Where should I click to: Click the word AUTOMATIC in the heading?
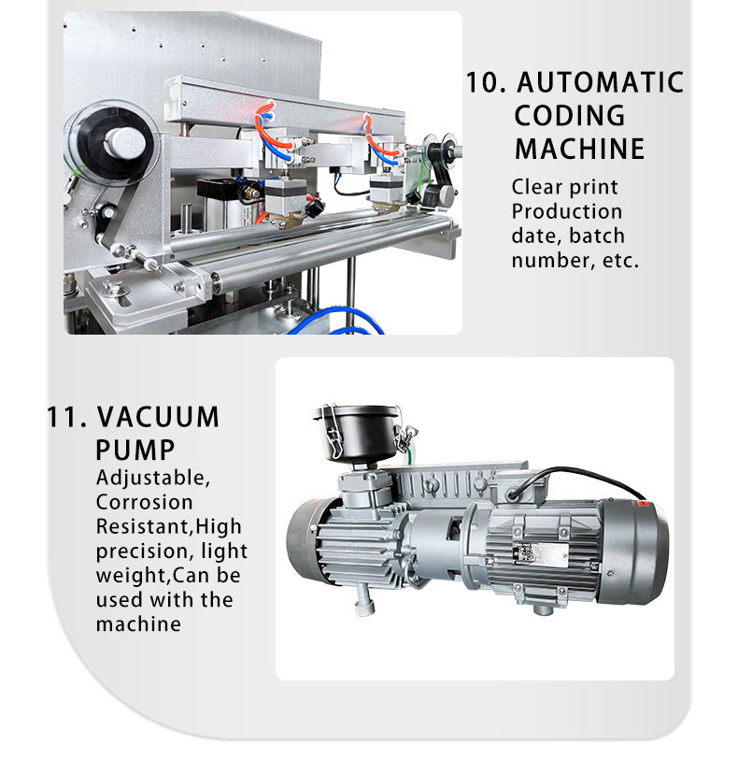pos(600,82)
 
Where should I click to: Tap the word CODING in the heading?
pos(570,116)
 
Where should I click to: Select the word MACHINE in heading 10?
pos(580,149)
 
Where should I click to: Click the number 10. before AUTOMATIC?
pos(486,82)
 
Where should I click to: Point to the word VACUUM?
pos(158,417)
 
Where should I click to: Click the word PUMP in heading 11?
pos(135,451)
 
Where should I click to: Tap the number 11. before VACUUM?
pos(66,417)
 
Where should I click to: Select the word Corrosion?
pos(145,502)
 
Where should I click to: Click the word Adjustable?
pos(153,479)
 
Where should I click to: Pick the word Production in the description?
pos(567,211)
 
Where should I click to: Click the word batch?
pos(597,236)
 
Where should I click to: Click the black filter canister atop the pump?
pos(359,431)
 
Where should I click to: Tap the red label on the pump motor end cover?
pos(644,504)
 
